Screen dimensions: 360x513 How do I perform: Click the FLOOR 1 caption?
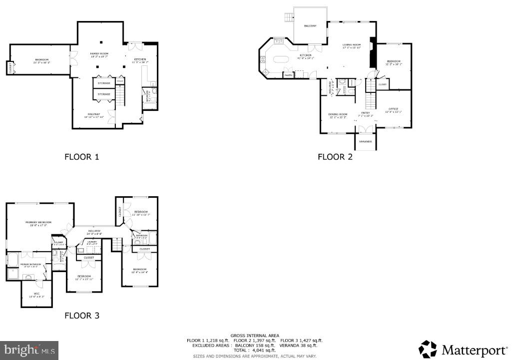tap(82, 157)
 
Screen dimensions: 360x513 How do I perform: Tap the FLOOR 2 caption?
tap(335, 157)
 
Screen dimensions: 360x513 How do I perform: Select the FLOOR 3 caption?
tap(82, 316)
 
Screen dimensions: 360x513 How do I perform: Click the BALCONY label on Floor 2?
tap(310, 26)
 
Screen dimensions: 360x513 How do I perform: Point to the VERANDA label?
tap(366, 142)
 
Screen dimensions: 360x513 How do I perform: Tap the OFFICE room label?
tap(393, 109)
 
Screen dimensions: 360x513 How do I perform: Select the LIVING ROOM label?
tap(351, 45)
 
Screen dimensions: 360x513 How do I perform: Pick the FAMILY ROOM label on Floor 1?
tap(99, 53)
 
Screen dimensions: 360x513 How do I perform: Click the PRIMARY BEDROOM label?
tap(39, 223)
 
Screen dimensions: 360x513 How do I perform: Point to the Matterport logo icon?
tap(428, 349)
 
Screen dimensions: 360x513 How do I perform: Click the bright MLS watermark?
tap(29, 350)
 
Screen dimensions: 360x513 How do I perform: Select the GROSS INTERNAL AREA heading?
tap(255, 336)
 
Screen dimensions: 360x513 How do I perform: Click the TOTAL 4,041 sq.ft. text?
tap(255, 350)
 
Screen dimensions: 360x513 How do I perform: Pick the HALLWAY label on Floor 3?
tap(94, 231)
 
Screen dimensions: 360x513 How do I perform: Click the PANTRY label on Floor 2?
tap(288, 75)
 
